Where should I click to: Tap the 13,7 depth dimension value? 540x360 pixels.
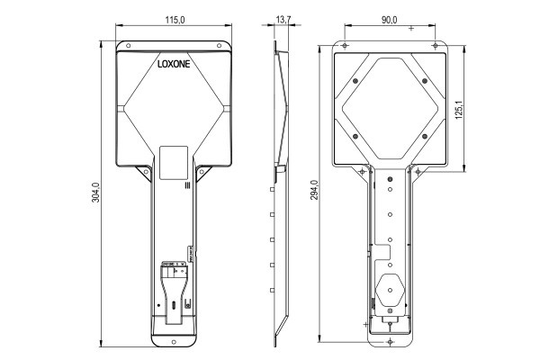coord(283,20)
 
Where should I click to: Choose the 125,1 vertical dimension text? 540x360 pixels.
coord(458,109)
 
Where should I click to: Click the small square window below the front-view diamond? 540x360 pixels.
coord(173,160)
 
